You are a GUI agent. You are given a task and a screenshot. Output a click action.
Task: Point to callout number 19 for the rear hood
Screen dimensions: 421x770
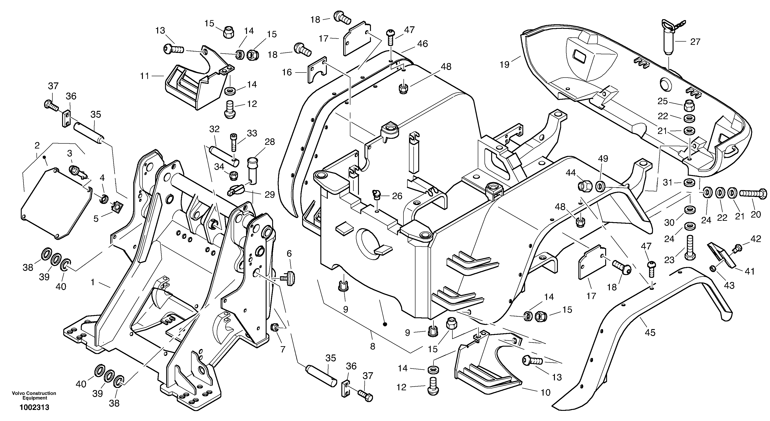pyautogui.click(x=505, y=64)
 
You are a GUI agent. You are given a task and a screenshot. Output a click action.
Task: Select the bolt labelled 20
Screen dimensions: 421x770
pyautogui.click(x=753, y=194)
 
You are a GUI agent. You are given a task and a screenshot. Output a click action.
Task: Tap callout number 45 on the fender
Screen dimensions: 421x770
pyautogui.click(x=650, y=333)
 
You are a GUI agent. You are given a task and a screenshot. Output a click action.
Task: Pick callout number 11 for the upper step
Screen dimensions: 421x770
pyautogui.click(x=145, y=76)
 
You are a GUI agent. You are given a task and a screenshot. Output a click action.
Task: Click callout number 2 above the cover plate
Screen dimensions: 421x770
pyautogui.click(x=37, y=146)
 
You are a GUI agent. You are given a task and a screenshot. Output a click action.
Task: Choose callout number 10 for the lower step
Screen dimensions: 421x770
pyautogui.click(x=545, y=392)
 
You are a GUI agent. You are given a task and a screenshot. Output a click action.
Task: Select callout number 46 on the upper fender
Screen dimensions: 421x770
pyautogui.click(x=423, y=44)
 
